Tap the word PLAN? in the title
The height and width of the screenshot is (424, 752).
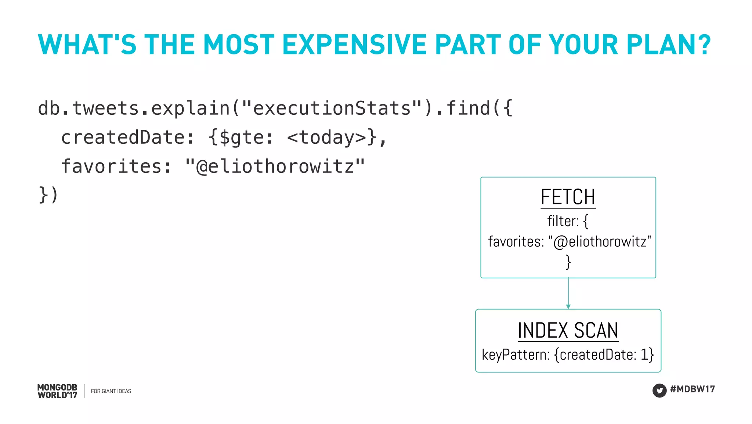coord(668,45)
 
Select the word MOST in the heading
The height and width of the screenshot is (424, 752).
coord(239,45)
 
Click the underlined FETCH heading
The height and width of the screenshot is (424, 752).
coord(568,197)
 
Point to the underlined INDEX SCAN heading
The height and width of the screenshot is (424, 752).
coord(568,330)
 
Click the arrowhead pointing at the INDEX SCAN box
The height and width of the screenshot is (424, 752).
coord(568,306)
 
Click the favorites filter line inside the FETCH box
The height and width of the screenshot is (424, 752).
coord(569,242)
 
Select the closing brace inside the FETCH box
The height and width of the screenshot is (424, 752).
coord(568,262)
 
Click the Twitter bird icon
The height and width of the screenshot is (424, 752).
coord(659,390)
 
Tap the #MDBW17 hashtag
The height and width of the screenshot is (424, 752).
coord(692,389)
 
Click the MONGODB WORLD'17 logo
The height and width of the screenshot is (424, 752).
coord(57,391)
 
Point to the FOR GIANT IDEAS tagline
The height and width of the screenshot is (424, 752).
coord(111,391)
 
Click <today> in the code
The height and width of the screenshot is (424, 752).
coord(327,138)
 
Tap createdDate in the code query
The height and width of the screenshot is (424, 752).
coord(123,138)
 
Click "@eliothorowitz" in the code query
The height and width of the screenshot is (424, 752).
coord(275,166)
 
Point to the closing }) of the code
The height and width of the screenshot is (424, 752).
coord(48,195)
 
